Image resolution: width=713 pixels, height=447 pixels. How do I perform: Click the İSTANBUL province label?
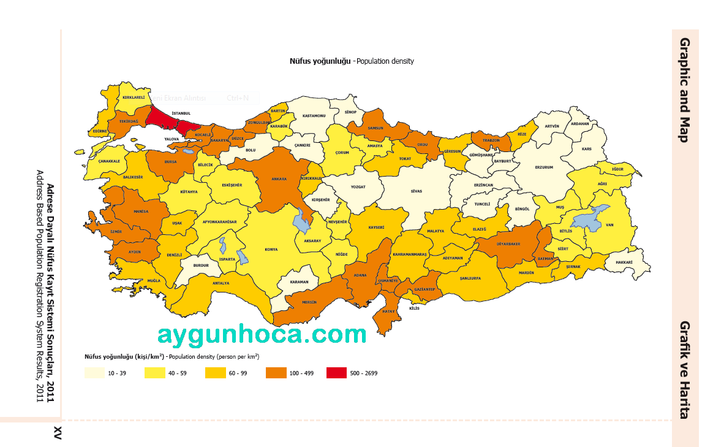(181, 113)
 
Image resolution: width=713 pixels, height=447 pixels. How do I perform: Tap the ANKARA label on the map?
(279, 179)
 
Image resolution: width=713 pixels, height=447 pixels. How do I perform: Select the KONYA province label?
(271, 250)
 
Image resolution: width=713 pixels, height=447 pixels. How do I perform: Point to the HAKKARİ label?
(624, 262)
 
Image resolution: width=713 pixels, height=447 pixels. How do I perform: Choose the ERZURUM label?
(544, 167)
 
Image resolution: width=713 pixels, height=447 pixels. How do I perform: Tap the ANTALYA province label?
(221, 283)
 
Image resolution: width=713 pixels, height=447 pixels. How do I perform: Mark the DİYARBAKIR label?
(508, 243)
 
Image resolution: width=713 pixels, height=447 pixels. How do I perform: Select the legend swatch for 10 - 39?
(94, 372)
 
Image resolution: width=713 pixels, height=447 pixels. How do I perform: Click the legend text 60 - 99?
(238, 373)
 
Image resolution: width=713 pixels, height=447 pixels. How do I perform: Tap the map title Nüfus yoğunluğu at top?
(320, 61)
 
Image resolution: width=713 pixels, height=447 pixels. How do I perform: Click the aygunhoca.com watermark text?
(262, 335)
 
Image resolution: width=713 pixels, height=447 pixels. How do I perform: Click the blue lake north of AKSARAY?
(301, 221)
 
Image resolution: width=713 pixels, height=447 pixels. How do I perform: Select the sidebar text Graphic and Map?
(685, 90)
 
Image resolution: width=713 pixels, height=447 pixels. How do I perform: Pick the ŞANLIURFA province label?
(470, 278)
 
